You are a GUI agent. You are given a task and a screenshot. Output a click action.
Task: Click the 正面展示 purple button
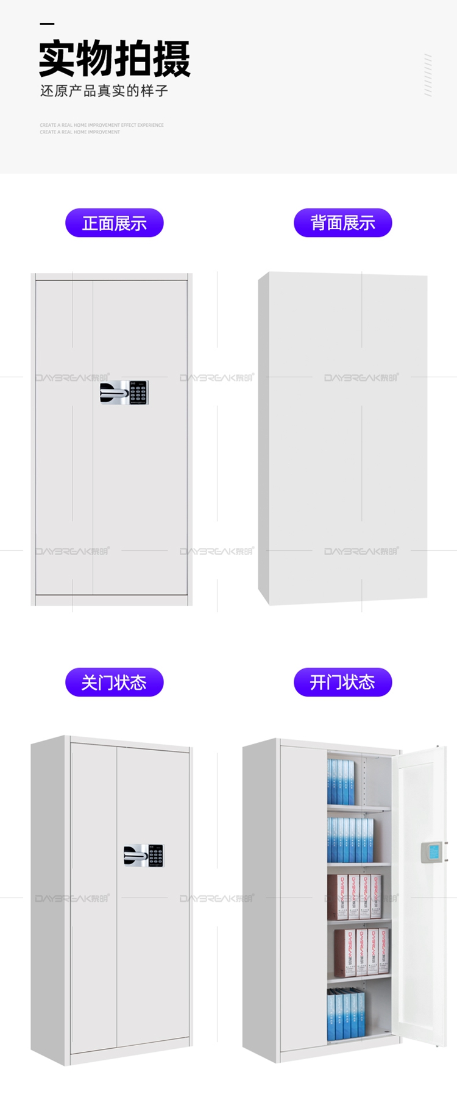pyautogui.click(x=115, y=223)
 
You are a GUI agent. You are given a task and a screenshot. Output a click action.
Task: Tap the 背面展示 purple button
pyautogui.click(x=342, y=223)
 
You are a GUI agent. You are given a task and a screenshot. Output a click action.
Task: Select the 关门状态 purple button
pyautogui.click(x=115, y=682)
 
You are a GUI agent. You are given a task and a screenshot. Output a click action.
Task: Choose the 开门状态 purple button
pyautogui.click(x=342, y=682)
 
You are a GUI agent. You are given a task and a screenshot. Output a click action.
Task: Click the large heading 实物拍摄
pyautogui.click(x=115, y=59)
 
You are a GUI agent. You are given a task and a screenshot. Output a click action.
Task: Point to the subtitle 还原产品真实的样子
pyautogui.click(x=104, y=91)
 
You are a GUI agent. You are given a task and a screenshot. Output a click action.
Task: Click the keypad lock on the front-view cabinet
pyautogui.click(x=124, y=392)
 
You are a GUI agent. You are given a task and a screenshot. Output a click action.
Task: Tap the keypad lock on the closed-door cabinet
pyautogui.click(x=144, y=855)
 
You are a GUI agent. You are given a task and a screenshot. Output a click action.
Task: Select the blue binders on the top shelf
pyautogui.click(x=341, y=782)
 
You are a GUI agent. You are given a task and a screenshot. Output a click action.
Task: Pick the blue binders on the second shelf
pyautogui.click(x=350, y=840)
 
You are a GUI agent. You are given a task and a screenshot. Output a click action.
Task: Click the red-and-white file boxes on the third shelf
pyautogui.click(x=355, y=897)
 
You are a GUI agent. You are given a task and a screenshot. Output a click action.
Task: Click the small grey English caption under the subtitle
pyautogui.click(x=101, y=129)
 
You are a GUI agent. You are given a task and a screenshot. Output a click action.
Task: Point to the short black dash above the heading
pyautogui.click(x=47, y=24)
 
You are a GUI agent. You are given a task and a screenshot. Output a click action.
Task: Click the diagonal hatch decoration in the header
pyautogui.click(x=428, y=75)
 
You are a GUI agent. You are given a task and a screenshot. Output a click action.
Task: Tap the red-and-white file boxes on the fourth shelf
pyautogui.click(x=363, y=953)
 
